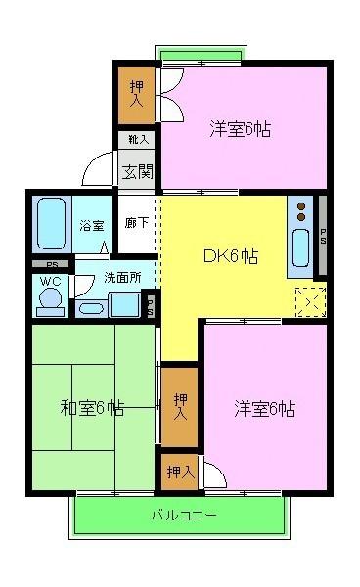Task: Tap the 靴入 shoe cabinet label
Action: click(x=137, y=140)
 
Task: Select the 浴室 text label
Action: click(x=91, y=225)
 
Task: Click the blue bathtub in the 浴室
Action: click(x=50, y=224)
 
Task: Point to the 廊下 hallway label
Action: click(x=137, y=223)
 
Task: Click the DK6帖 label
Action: click(x=231, y=257)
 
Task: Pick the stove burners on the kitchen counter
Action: click(x=301, y=211)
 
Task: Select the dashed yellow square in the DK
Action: click(x=310, y=303)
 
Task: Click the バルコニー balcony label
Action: click(x=183, y=515)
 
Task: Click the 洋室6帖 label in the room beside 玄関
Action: click(x=240, y=128)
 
